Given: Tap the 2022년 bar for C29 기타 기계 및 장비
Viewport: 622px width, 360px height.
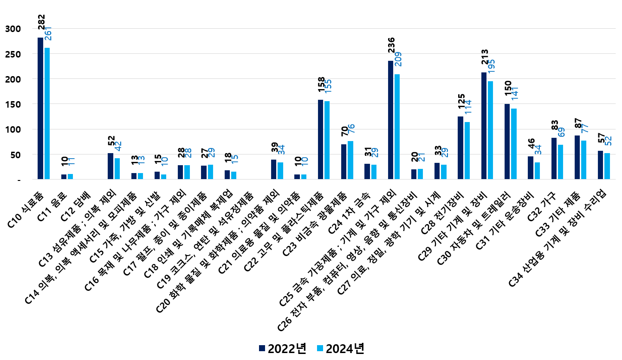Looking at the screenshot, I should coord(484,126).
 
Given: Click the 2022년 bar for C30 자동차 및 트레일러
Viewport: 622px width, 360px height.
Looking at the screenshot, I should coord(507,141).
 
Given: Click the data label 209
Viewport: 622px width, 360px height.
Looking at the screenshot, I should coord(398,59).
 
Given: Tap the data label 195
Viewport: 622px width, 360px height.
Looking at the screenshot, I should coord(491,67).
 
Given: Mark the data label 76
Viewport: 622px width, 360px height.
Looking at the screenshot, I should coord(351,130).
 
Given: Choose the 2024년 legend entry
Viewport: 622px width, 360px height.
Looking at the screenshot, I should coord(340,348).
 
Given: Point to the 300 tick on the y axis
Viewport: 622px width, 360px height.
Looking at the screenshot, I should coord(13,29).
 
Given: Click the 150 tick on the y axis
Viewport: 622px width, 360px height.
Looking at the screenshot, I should coord(13,104).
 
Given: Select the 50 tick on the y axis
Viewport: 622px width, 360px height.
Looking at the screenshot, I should coord(15,154).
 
